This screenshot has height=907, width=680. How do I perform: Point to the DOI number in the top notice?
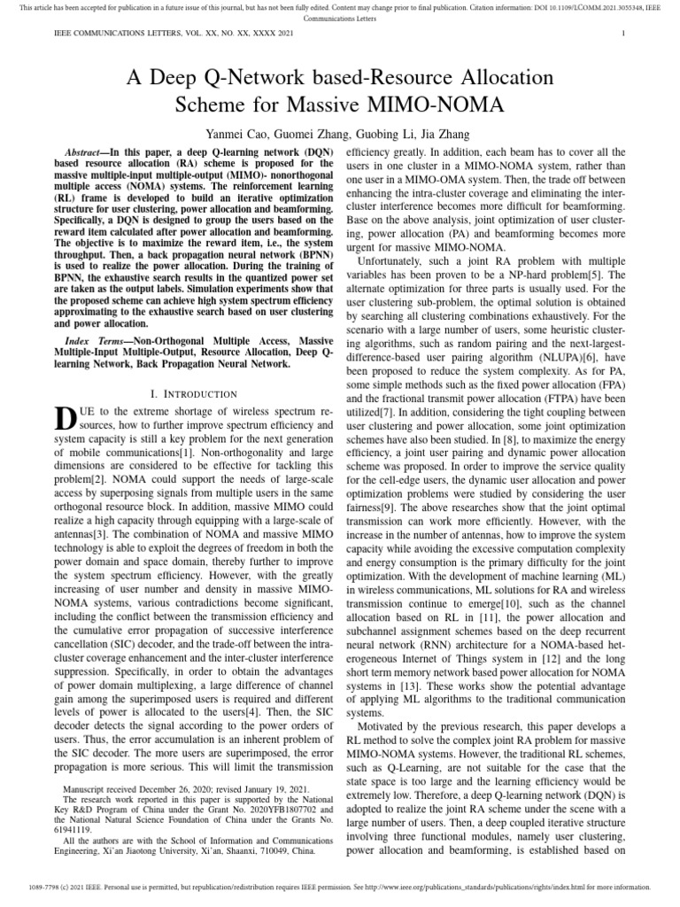point(549,7)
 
